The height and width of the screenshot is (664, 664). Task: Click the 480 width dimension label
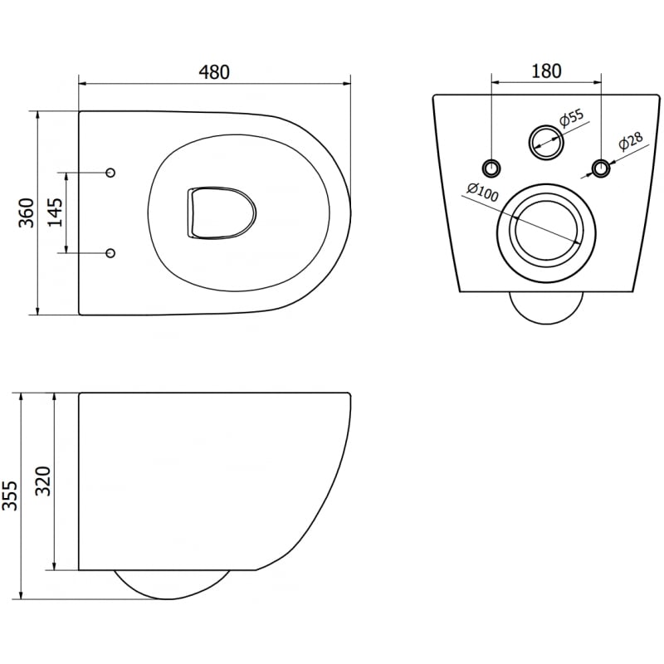click(214, 72)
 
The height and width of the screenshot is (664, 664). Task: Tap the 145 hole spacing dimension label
click(54, 213)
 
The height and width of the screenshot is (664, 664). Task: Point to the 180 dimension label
click(546, 71)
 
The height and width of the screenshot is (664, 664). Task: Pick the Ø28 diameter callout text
click(630, 144)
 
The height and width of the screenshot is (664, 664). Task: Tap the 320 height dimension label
click(44, 481)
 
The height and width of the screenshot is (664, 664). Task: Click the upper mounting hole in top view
click(111, 173)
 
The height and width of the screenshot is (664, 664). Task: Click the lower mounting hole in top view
click(111, 252)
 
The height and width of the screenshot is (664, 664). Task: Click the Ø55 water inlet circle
click(546, 140)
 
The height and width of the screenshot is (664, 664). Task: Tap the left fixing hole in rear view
click(493, 168)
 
